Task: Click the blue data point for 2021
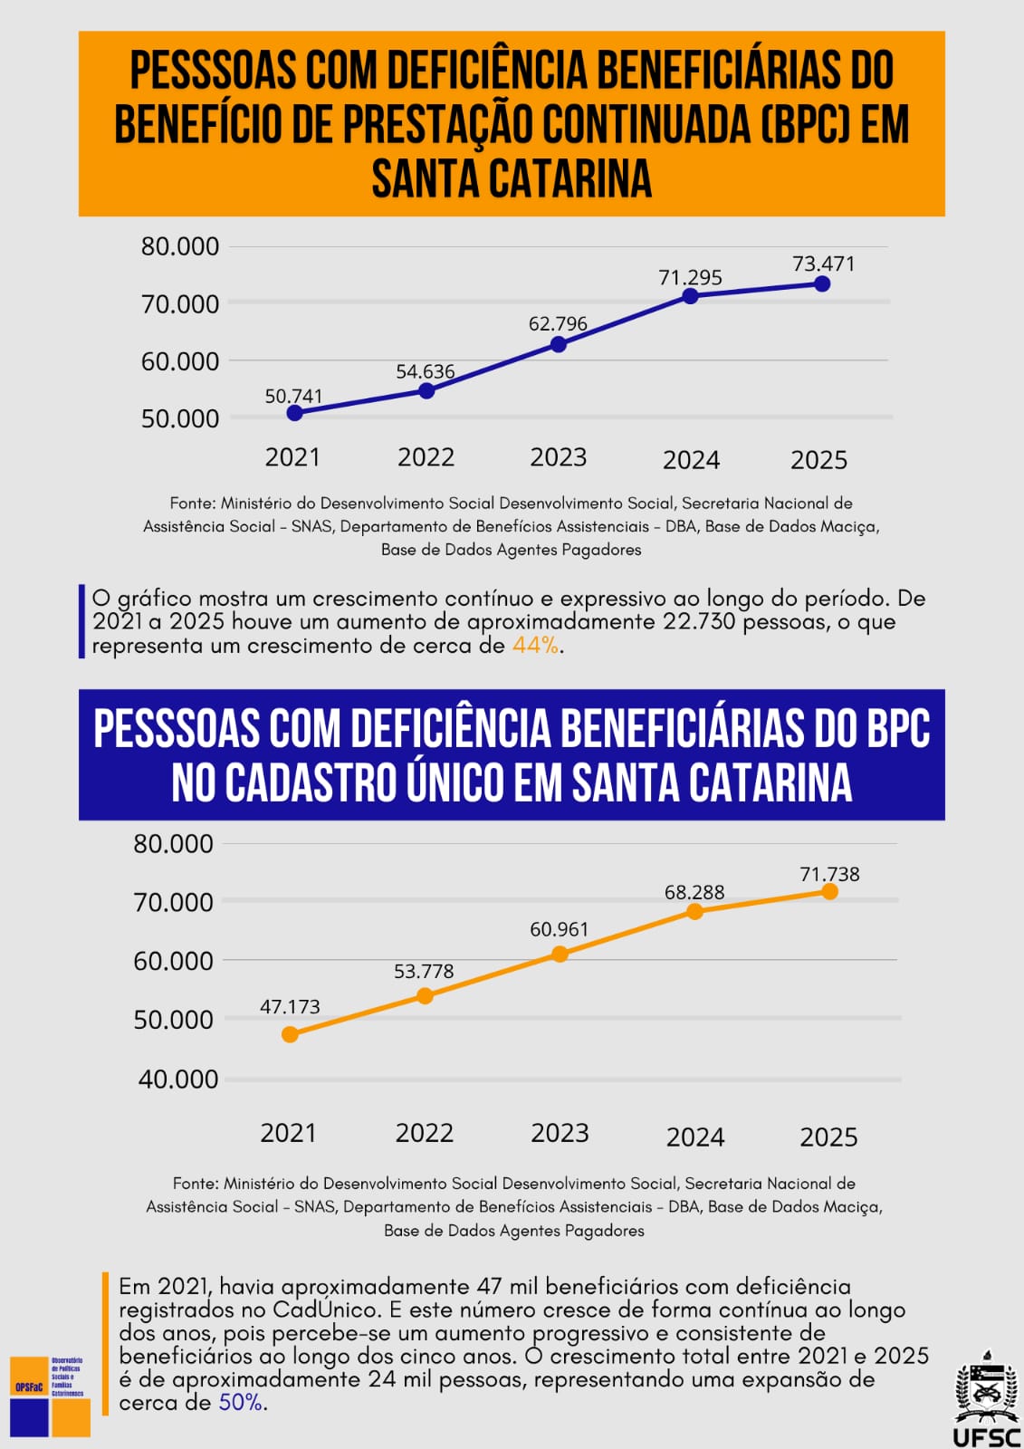294,413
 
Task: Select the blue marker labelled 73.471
822,283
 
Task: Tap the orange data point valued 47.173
290,1034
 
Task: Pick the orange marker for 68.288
694,911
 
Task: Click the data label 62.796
558,323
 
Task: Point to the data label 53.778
424,971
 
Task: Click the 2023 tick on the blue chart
558,457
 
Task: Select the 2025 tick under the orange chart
828,1137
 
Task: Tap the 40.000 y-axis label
178,1079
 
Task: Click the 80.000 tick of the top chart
180,246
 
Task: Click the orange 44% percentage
535,646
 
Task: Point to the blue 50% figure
240,1403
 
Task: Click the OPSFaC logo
50,1395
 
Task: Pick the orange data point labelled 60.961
560,954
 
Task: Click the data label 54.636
426,371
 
